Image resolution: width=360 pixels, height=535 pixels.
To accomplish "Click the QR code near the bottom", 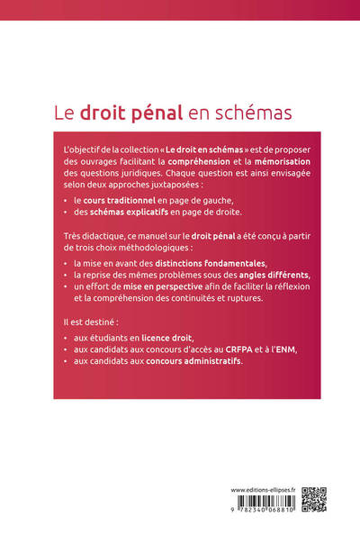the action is pos(312,499).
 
